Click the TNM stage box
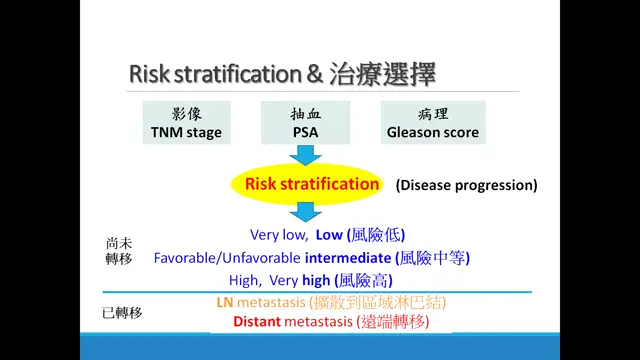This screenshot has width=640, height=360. (186, 122)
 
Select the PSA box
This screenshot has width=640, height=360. (305, 122)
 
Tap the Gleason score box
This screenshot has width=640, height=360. (432, 122)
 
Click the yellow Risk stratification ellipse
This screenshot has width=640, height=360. (312, 184)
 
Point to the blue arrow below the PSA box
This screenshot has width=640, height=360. (305, 154)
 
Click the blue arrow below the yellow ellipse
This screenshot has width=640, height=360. (305, 212)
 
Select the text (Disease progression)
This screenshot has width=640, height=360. (466, 185)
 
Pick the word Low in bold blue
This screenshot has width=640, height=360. (328, 236)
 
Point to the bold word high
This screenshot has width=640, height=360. (316, 280)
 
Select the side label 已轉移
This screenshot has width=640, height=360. (122, 313)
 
